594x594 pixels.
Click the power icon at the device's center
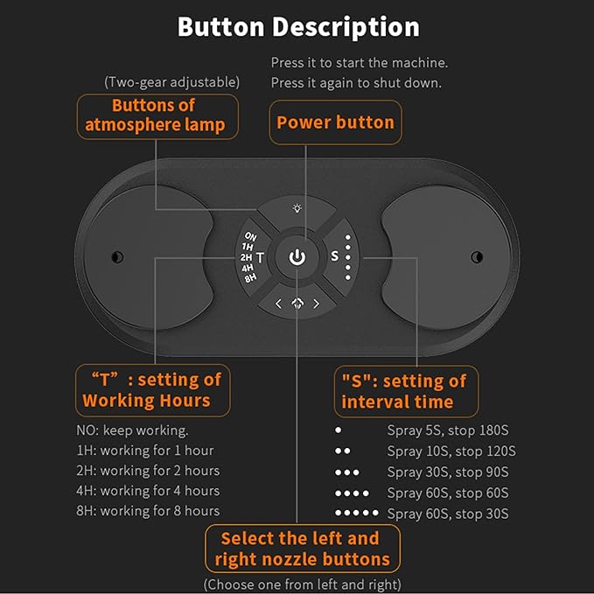[x=297, y=257]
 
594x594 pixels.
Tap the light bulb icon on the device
[x=297, y=208]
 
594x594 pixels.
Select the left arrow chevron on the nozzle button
[x=278, y=304]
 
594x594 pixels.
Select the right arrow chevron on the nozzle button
[x=316, y=304]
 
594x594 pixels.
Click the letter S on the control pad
[x=334, y=256]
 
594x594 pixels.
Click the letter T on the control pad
[x=260, y=258]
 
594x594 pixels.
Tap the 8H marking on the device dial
[x=250, y=278]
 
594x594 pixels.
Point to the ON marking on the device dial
[x=250, y=237]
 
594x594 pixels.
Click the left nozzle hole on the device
[x=117, y=257]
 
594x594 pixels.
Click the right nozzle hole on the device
[x=477, y=257]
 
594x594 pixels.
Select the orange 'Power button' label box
[x=335, y=122]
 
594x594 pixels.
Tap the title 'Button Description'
[x=298, y=27]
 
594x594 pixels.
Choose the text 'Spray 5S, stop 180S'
[x=447, y=430]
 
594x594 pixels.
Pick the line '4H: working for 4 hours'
[x=148, y=491]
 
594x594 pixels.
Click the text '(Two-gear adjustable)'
[x=171, y=82]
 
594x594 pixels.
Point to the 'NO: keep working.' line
[x=132, y=430]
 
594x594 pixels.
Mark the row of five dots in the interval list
[x=356, y=513]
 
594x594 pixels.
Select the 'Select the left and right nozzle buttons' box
[x=303, y=549]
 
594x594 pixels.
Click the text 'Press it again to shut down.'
[x=356, y=83]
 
